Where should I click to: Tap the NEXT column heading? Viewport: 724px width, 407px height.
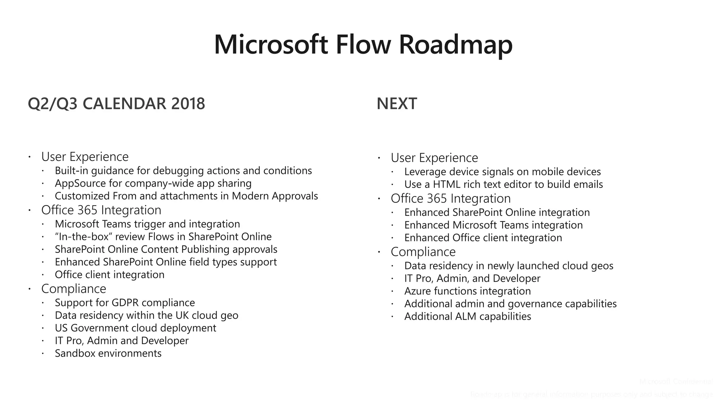(397, 104)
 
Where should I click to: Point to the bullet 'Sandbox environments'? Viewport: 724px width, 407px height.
(108, 353)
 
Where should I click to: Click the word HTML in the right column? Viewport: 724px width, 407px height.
(446, 184)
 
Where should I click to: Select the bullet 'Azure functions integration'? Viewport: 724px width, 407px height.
(467, 291)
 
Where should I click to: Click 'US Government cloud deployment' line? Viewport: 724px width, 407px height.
(135, 328)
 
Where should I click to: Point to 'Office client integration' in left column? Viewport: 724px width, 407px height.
(110, 275)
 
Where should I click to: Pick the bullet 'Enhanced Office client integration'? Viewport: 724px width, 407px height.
(483, 238)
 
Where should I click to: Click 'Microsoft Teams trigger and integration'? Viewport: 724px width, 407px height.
(147, 224)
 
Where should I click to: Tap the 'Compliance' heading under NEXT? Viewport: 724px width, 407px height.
(423, 252)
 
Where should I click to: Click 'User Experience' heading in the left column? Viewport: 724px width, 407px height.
(85, 157)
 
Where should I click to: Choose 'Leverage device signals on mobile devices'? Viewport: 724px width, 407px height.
(502, 172)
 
